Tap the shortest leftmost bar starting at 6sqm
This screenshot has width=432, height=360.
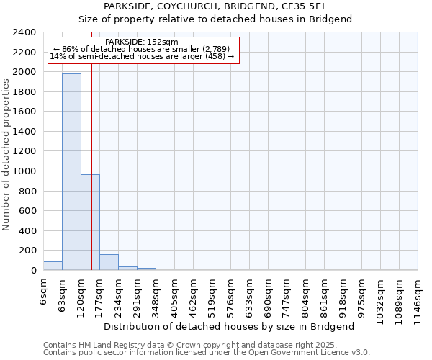53,266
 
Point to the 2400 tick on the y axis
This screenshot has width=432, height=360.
25,32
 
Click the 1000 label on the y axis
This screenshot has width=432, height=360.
25,171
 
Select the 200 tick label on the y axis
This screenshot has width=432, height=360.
28,251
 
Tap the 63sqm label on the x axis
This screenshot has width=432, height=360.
63,292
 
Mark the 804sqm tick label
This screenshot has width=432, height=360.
306,294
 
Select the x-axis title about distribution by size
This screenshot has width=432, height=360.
235,326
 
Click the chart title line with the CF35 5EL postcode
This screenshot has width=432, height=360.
215,6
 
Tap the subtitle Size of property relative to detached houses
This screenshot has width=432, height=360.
215,19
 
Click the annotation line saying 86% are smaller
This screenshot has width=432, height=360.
141,49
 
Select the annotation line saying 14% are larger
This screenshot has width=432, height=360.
142,56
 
